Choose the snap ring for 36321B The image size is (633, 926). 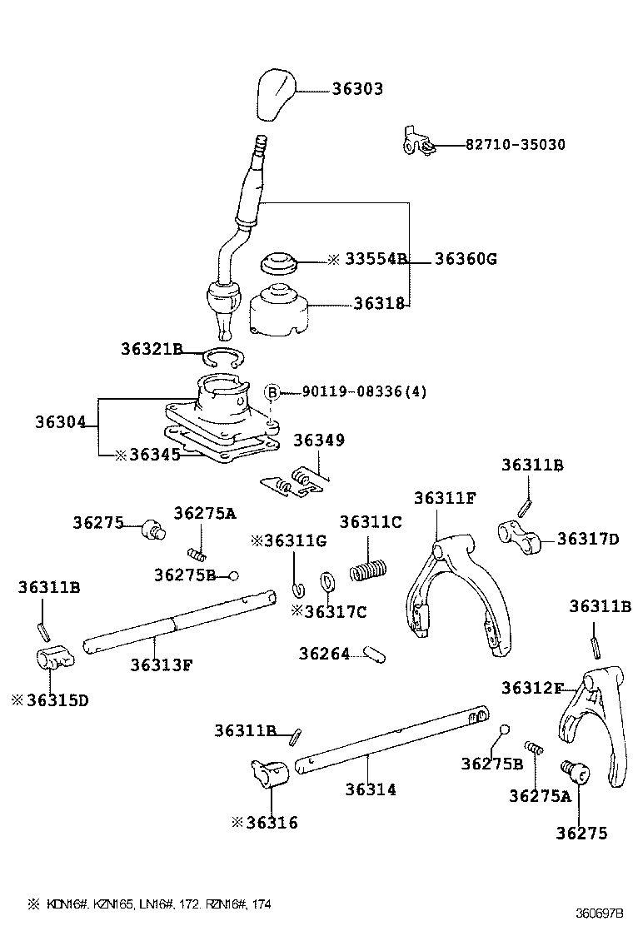tap(222, 359)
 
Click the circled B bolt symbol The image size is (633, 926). tap(272, 392)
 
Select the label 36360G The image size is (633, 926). tap(465, 259)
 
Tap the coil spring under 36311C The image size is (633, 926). tap(367, 570)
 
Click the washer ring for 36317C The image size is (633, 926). tap(327, 580)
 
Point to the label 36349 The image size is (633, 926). tap(318, 441)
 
